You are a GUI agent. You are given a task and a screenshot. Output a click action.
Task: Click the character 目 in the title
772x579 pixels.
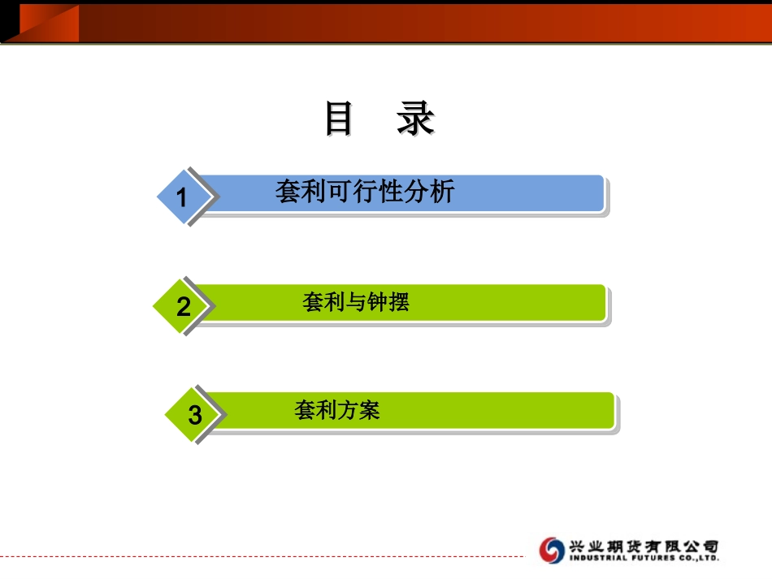coord(339,119)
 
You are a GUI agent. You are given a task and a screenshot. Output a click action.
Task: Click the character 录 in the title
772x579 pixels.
coord(415,119)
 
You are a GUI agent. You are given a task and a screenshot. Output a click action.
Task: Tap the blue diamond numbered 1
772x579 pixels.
coord(182,197)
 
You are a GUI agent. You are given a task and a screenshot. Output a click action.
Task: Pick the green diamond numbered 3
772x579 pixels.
coord(194,415)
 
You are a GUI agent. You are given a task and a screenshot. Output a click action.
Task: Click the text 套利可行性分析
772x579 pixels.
coord(365,192)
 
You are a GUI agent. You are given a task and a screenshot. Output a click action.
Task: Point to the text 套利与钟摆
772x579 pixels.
coord(356,303)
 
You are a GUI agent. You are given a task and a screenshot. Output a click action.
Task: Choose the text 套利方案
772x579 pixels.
coord(337,410)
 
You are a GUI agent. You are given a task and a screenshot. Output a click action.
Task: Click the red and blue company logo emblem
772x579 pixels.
coord(552,550)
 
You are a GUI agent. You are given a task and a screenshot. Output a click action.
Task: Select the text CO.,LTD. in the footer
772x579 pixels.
coord(698,559)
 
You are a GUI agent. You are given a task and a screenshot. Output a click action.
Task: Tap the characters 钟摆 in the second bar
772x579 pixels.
coord(392,303)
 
